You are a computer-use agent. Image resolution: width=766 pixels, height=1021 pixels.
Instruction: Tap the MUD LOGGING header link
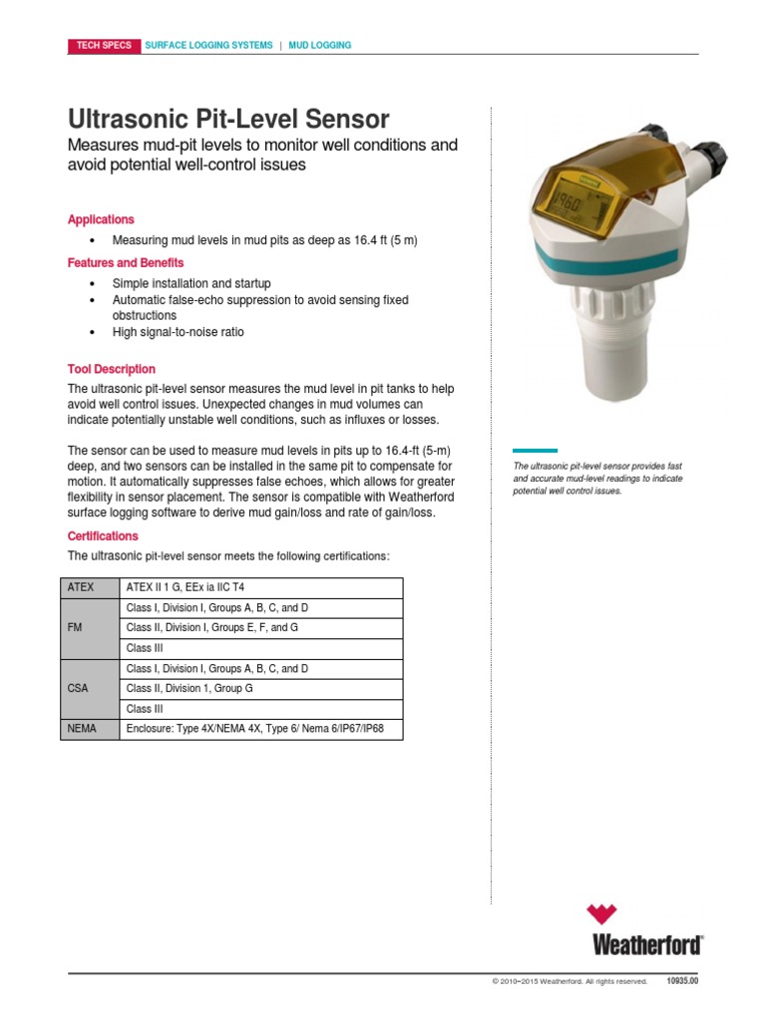click(319, 46)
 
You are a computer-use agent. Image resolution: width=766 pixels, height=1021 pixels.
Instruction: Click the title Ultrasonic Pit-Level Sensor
click(227, 120)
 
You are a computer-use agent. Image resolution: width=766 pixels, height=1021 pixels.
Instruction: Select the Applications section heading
click(101, 219)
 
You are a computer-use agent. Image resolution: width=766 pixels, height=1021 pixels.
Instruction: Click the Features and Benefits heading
click(126, 263)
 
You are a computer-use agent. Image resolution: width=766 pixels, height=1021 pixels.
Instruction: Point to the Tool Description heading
click(112, 369)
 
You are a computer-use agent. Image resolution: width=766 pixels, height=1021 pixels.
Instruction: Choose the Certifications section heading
click(103, 536)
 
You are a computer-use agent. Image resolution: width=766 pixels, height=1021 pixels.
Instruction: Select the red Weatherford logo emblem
click(601, 914)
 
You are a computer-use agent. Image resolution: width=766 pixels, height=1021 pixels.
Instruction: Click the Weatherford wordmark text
click(647, 943)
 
